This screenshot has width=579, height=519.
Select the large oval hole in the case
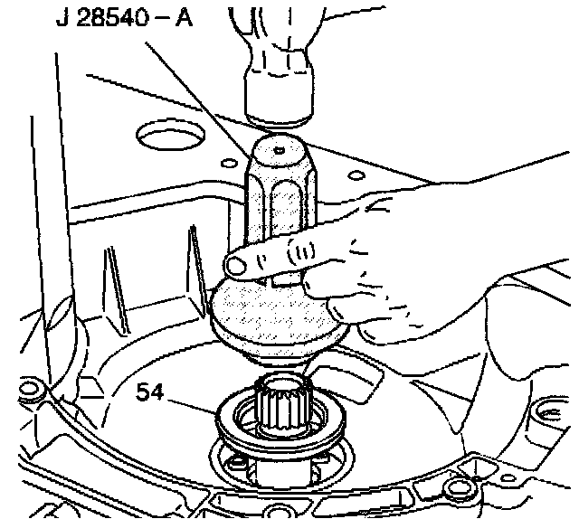point(169,139)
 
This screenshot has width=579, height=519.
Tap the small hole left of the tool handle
point(224,162)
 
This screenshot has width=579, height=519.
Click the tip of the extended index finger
point(238,265)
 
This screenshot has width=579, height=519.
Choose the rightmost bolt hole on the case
point(546,412)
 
